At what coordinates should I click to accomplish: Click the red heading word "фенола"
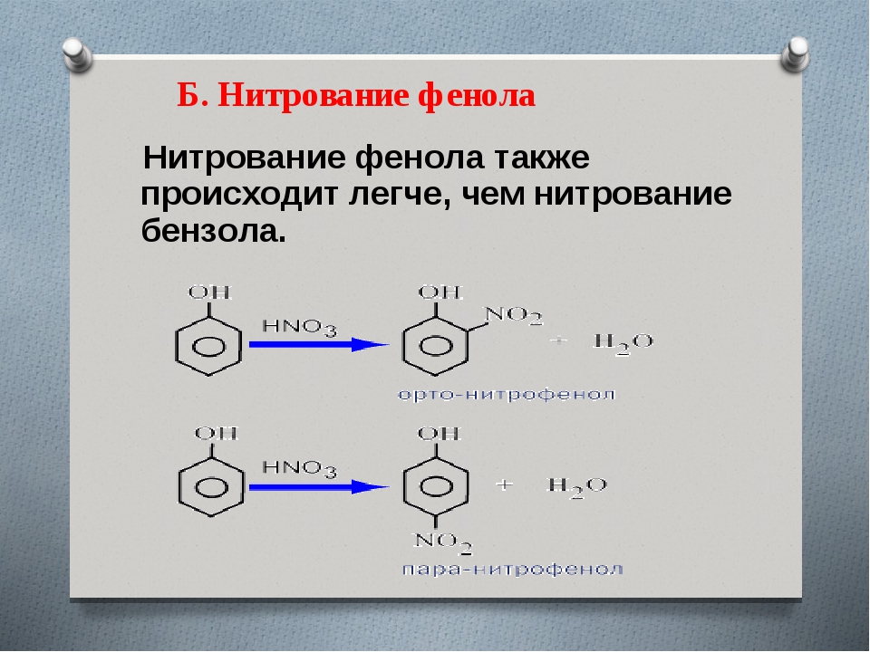point(478,95)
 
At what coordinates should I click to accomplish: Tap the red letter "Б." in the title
point(192,95)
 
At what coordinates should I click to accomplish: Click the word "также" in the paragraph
point(542,158)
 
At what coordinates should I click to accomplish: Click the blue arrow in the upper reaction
point(319,344)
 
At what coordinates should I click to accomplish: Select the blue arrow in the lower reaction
point(319,487)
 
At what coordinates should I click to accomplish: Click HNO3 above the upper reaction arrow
point(299,327)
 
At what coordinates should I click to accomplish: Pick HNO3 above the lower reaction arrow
point(299,469)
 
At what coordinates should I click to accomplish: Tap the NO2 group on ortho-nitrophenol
point(514,315)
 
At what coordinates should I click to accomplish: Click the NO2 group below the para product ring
point(443,542)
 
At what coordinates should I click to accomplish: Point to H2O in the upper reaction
point(623,342)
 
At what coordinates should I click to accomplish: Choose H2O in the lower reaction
point(577,487)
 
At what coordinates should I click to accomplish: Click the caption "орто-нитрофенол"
point(507,395)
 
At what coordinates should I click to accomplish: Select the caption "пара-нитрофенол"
point(512,570)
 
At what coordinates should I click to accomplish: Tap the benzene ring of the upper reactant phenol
point(177,347)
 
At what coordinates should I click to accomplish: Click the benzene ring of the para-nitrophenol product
point(404,488)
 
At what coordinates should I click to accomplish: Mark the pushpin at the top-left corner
point(77,54)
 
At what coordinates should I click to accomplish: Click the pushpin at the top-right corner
point(795,53)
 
